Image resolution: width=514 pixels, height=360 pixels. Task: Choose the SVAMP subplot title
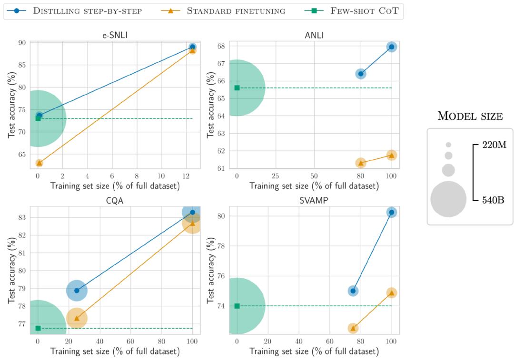point(314,201)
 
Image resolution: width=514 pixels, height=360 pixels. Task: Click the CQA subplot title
point(115,201)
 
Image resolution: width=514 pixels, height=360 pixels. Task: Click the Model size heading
point(470,116)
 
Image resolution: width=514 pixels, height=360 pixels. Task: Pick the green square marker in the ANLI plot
point(237,88)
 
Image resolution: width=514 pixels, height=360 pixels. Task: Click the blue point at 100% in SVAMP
point(392,212)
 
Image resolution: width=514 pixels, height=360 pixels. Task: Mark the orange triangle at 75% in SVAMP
point(353,328)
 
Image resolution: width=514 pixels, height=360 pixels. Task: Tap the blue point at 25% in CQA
point(77,291)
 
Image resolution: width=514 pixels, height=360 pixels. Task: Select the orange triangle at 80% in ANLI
point(361,163)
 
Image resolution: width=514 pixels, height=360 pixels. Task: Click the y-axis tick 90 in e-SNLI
point(22,43)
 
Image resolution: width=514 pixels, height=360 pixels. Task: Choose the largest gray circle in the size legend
point(448,199)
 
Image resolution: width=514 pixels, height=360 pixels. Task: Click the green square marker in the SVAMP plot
point(237,306)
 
